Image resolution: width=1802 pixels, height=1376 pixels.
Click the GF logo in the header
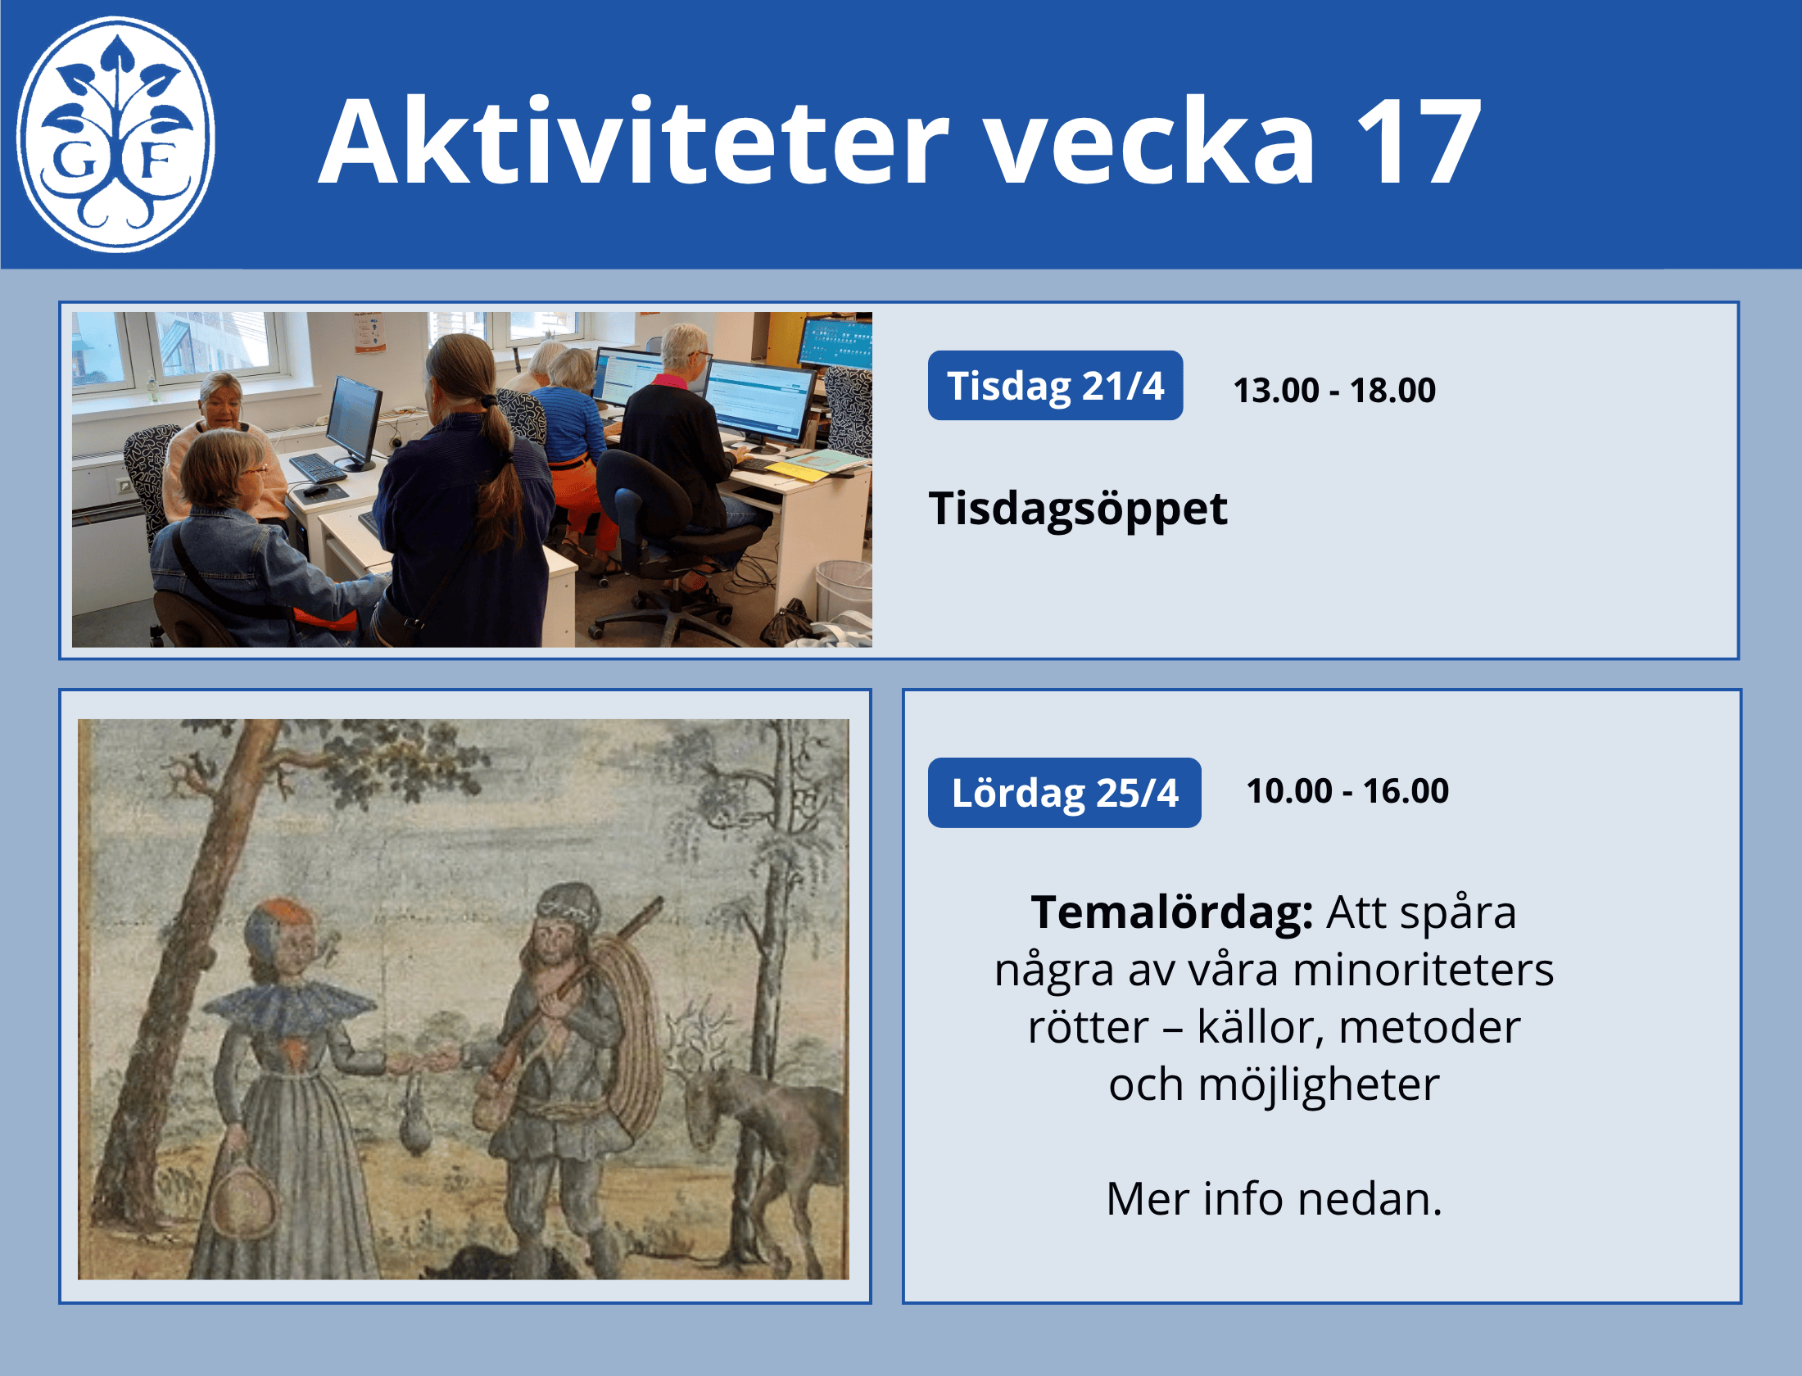(115, 134)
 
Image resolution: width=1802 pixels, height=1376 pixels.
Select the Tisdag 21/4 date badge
(1055, 386)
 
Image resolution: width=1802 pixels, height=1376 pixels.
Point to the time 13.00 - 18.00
(1334, 390)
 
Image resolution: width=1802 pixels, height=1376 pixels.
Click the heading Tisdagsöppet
(1078, 509)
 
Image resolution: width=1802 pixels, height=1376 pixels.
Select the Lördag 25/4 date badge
(1064, 793)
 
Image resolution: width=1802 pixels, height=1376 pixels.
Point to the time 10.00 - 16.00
(1347, 790)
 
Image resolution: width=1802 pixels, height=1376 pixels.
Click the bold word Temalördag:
(1172, 912)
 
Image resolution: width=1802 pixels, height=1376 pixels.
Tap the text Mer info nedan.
(1274, 1199)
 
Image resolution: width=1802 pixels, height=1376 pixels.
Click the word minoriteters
(1424, 970)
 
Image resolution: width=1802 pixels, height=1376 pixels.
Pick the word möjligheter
(1319, 1086)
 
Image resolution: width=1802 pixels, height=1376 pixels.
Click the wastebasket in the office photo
(844, 589)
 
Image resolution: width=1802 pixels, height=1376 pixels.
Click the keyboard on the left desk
(318, 467)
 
